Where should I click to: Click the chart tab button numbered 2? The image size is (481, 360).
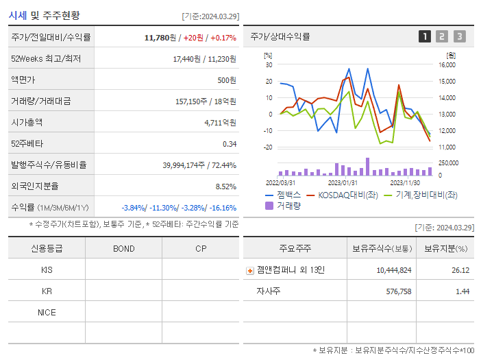[442, 36]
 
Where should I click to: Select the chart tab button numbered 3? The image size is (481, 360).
[459, 36]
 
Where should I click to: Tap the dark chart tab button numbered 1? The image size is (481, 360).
[425, 36]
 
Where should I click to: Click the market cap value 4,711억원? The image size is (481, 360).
[220, 123]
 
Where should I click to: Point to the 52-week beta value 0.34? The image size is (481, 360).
[229, 144]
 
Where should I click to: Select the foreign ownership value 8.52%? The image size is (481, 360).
[225, 187]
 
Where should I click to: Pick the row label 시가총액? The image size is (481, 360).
[27, 123]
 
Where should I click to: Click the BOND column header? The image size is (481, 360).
[123, 248]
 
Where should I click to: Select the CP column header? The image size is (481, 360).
[200, 248]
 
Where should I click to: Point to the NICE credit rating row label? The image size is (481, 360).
[47, 312]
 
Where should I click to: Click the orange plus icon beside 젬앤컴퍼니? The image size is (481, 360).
[250, 270]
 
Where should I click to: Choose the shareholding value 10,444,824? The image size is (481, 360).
[393, 270]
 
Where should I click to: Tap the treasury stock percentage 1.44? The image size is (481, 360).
[462, 291]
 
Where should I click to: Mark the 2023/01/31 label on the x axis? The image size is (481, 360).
[343, 182]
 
